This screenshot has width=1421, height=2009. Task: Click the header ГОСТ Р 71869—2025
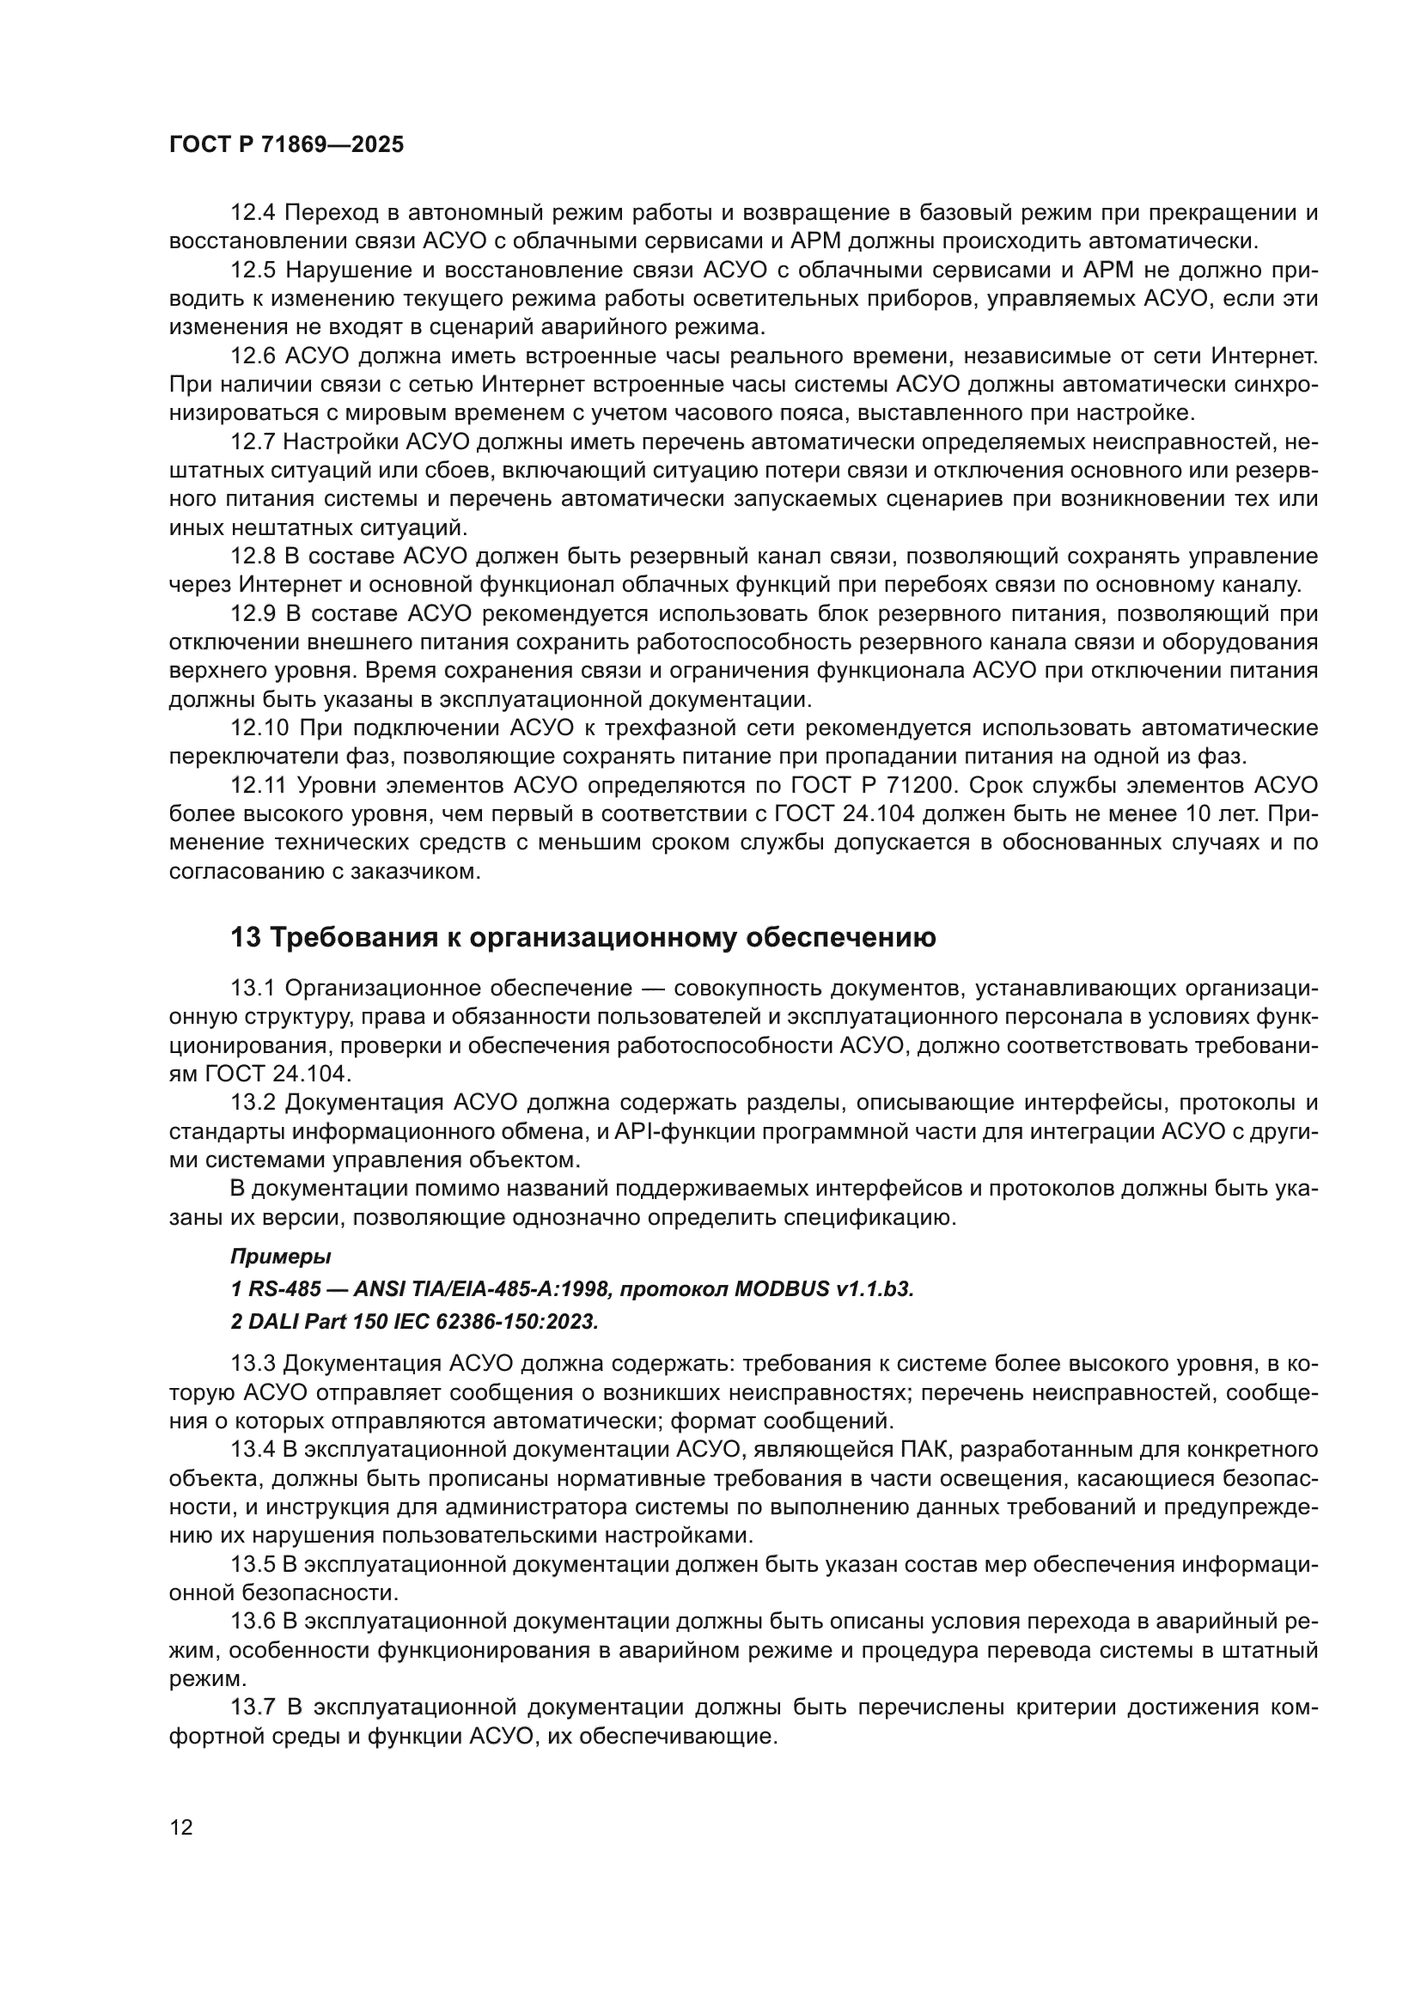click(286, 145)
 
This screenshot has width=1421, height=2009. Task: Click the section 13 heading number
click(245, 937)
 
